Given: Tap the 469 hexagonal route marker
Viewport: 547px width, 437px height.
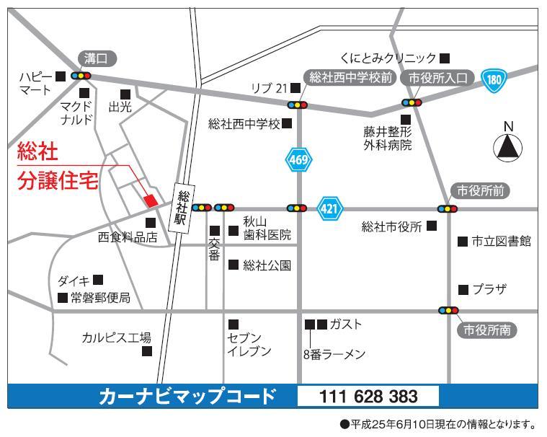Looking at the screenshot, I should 298,160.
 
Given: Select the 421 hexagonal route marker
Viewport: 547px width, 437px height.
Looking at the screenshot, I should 329,208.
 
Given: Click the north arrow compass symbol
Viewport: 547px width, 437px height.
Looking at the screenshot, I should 507,147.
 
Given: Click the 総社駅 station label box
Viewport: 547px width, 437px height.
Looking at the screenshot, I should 181,208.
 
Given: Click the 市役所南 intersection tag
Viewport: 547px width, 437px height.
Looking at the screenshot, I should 486,330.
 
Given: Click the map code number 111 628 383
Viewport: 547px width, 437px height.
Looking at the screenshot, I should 368,396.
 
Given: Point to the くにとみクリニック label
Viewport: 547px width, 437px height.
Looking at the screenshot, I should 388,58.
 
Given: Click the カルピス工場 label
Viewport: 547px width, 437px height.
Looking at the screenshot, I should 116,337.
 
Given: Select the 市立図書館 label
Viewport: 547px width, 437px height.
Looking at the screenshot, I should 502,242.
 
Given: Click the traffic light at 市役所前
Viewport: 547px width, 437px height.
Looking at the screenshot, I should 448,209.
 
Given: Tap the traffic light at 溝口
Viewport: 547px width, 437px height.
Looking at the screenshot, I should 81,75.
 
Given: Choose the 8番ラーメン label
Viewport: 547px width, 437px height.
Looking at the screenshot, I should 334,354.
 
